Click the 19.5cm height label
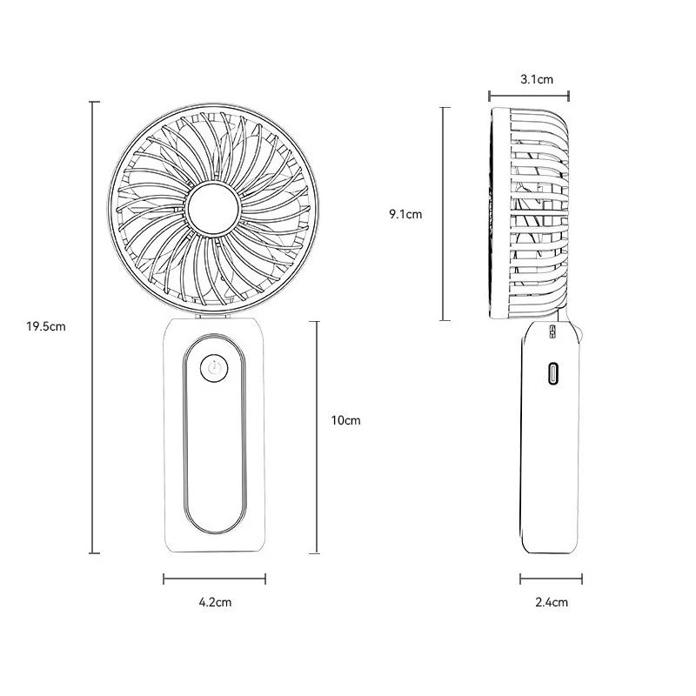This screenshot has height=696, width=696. (46, 327)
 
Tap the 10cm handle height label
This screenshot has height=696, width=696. (345, 420)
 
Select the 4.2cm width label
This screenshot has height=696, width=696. (215, 602)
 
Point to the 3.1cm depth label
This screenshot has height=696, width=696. (537, 79)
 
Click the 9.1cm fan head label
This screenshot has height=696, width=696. (405, 214)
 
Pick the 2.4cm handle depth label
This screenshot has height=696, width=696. (552, 602)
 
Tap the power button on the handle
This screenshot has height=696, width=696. (214, 368)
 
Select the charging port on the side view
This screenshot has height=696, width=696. (552, 373)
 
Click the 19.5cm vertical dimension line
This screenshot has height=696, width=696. (94, 328)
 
